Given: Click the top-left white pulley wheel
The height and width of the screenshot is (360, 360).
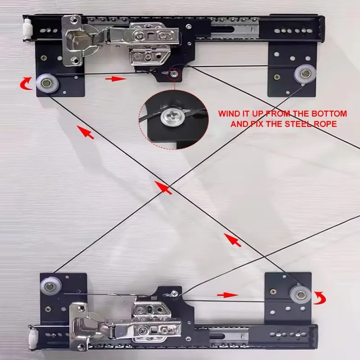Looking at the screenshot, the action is [48, 83].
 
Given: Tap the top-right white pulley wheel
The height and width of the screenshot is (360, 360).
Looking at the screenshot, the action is [305, 74].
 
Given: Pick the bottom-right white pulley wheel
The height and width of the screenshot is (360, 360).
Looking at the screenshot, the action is [300, 295].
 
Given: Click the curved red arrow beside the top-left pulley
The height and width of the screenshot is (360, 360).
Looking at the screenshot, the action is [25, 84].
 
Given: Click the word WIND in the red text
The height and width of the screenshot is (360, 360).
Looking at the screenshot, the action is [228, 114].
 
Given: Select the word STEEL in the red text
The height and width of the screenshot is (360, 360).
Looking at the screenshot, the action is [298, 124].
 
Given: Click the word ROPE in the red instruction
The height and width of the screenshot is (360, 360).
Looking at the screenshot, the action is [325, 124].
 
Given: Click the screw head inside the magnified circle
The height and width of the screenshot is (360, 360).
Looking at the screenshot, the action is [173, 117].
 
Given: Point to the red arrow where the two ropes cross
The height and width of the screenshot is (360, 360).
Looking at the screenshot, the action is [163, 188].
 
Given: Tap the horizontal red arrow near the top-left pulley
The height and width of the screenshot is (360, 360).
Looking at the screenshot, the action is [116, 79].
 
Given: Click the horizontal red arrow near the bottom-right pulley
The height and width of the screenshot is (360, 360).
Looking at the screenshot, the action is [228, 295].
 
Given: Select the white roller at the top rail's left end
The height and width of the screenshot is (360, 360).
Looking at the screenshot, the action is [27, 29].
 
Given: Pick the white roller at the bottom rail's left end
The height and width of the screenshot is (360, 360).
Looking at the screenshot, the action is [34, 339].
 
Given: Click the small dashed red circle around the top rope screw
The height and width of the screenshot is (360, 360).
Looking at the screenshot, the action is [174, 74].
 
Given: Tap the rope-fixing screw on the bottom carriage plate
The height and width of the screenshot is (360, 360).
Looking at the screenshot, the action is [174, 293].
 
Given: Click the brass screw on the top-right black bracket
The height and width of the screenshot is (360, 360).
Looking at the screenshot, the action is [277, 77].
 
